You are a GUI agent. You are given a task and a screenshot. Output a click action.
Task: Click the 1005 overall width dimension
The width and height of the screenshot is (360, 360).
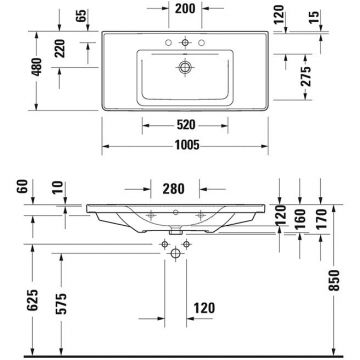pyautogui.click(x=180, y=144)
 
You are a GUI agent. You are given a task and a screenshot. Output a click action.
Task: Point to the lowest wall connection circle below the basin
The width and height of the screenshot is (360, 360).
pyautogui.click(x=179, y=257)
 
